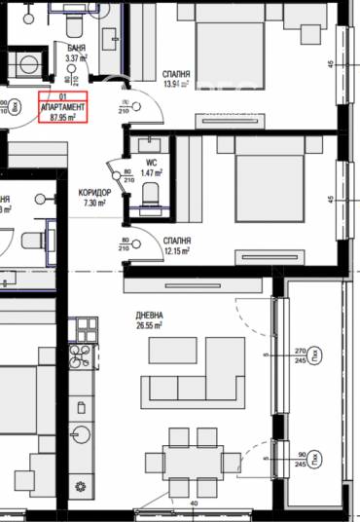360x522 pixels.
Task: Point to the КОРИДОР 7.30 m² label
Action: [x=94, y=199]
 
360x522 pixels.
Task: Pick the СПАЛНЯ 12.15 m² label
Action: [x=176, y=244]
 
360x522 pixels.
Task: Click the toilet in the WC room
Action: [x=148, y=200]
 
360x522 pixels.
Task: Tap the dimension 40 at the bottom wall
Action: [x=195, y=503]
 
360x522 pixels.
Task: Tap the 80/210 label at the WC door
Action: [x=127, y=176]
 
